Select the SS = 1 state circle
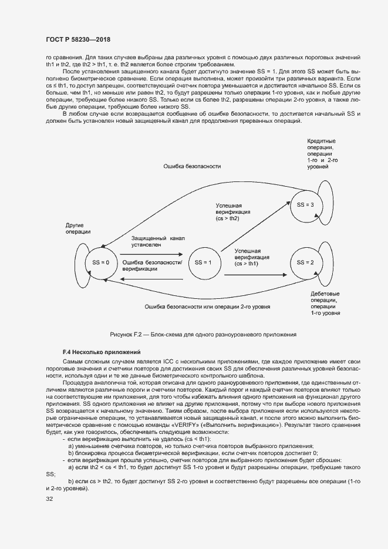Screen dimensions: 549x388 coord(203,262)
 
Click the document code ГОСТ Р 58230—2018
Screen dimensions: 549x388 coord(78,39)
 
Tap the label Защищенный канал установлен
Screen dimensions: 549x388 coord(157,241)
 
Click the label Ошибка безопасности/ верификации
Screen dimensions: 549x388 coord(152,265)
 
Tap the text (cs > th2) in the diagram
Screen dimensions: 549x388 coord(228,218)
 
